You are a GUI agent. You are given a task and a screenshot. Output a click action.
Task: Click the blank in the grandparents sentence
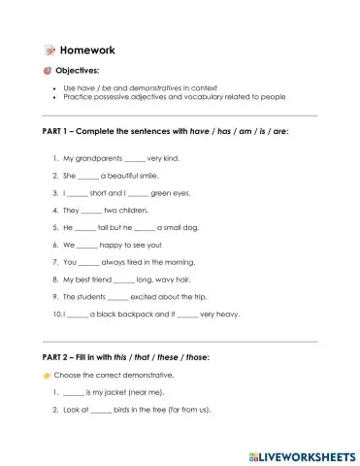126,158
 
